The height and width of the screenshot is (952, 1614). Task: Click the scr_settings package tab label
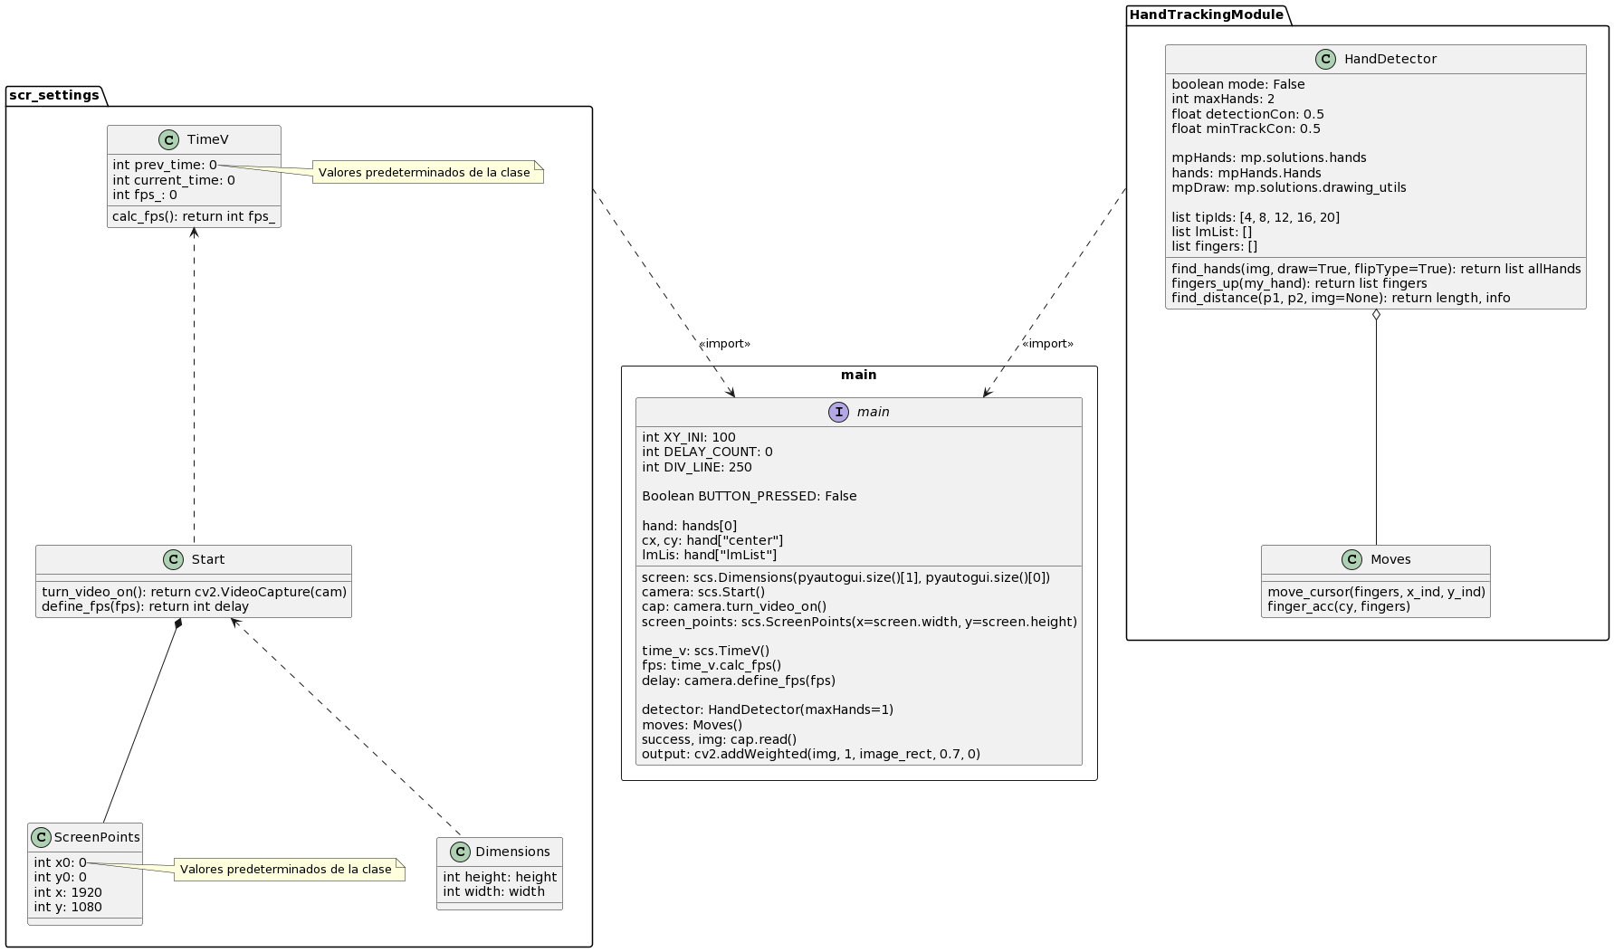54,96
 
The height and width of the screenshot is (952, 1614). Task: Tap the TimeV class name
207,139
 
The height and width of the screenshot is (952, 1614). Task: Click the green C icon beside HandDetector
1325,60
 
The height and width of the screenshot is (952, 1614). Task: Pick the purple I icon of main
838,413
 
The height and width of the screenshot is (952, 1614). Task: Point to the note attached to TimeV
427,173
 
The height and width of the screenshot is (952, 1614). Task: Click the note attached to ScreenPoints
289,870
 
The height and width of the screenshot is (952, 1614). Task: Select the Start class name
208,559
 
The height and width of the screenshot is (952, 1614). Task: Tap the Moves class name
1390,559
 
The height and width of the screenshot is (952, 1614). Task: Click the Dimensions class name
512,852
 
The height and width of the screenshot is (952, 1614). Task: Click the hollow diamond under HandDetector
1376,316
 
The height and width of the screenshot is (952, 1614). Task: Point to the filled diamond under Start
179,624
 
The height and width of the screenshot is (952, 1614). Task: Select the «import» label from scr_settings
724,344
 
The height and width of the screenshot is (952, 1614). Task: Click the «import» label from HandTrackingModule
1047,344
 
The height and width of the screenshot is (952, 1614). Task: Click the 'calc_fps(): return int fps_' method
194,216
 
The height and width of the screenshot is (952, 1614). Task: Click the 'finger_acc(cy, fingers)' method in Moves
1339,606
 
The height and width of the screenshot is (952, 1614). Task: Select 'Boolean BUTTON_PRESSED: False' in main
750,496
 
